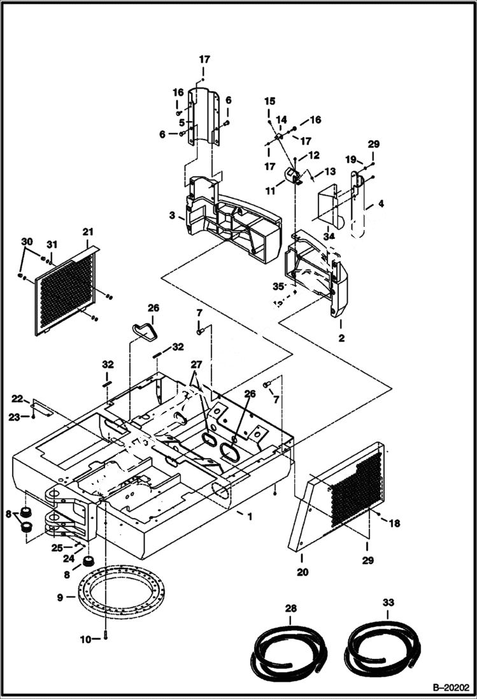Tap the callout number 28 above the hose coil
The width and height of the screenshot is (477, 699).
pos(290,609)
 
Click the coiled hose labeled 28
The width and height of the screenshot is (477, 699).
pos(290,651)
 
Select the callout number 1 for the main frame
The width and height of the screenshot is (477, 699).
pos(250,516)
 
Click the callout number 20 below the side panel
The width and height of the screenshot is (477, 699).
pos(303,572)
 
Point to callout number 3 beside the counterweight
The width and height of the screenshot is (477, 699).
pos(172,216)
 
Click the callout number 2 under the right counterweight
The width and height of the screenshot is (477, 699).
pos(341,338)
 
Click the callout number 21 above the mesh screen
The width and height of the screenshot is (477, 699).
pos(88,231)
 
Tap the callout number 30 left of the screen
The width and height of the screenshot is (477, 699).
pos(26,241)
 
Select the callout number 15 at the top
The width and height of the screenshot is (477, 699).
pos(270,101)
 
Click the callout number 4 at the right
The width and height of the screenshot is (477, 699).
pos(381,205)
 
